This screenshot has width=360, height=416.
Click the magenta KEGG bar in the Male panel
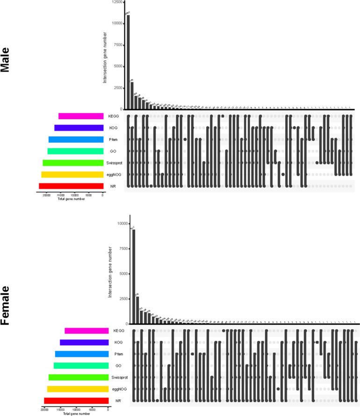81,116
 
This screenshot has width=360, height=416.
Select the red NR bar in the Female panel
76,401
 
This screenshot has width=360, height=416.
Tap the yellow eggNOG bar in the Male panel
72,175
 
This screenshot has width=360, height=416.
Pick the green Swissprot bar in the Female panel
79,377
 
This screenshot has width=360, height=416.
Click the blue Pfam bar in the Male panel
76,139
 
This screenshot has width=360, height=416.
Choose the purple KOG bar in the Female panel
84,343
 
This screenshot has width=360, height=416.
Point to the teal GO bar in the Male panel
76,151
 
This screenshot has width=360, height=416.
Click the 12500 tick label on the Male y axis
117,2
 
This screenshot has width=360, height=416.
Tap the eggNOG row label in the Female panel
120,389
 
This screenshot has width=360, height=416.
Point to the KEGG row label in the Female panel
119,331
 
